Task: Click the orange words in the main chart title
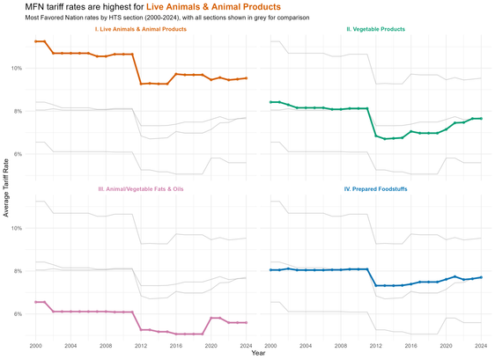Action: [x=213, y=7]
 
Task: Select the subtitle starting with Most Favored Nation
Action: [x=167, y=18]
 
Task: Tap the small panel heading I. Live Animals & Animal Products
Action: [x=141, y=29]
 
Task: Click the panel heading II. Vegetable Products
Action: [x=376, y=29]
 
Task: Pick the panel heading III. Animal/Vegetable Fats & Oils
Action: [x=141, y=189]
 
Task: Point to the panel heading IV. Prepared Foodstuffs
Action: [x=376, y=189]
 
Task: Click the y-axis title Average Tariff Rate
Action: [x=6, y=187]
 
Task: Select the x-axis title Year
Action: [x=258, y=353]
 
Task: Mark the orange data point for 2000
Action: [x=36, y=41]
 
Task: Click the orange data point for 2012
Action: [x=141, y=84]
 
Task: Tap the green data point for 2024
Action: [x=481, y=118]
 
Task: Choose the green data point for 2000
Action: [x=270, y=102]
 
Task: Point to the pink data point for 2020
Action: [x=211, y=318]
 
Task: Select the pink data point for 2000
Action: [x=36, y=302]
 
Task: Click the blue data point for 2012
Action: [x=376, y=285]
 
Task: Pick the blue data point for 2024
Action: [x=481, y=277]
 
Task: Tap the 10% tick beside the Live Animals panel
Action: [x=18, y=68]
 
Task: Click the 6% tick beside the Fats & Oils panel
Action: [x=18, y=314]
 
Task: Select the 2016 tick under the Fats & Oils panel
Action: [x=176, y=346]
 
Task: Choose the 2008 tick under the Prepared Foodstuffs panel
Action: [x=341, y=346]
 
